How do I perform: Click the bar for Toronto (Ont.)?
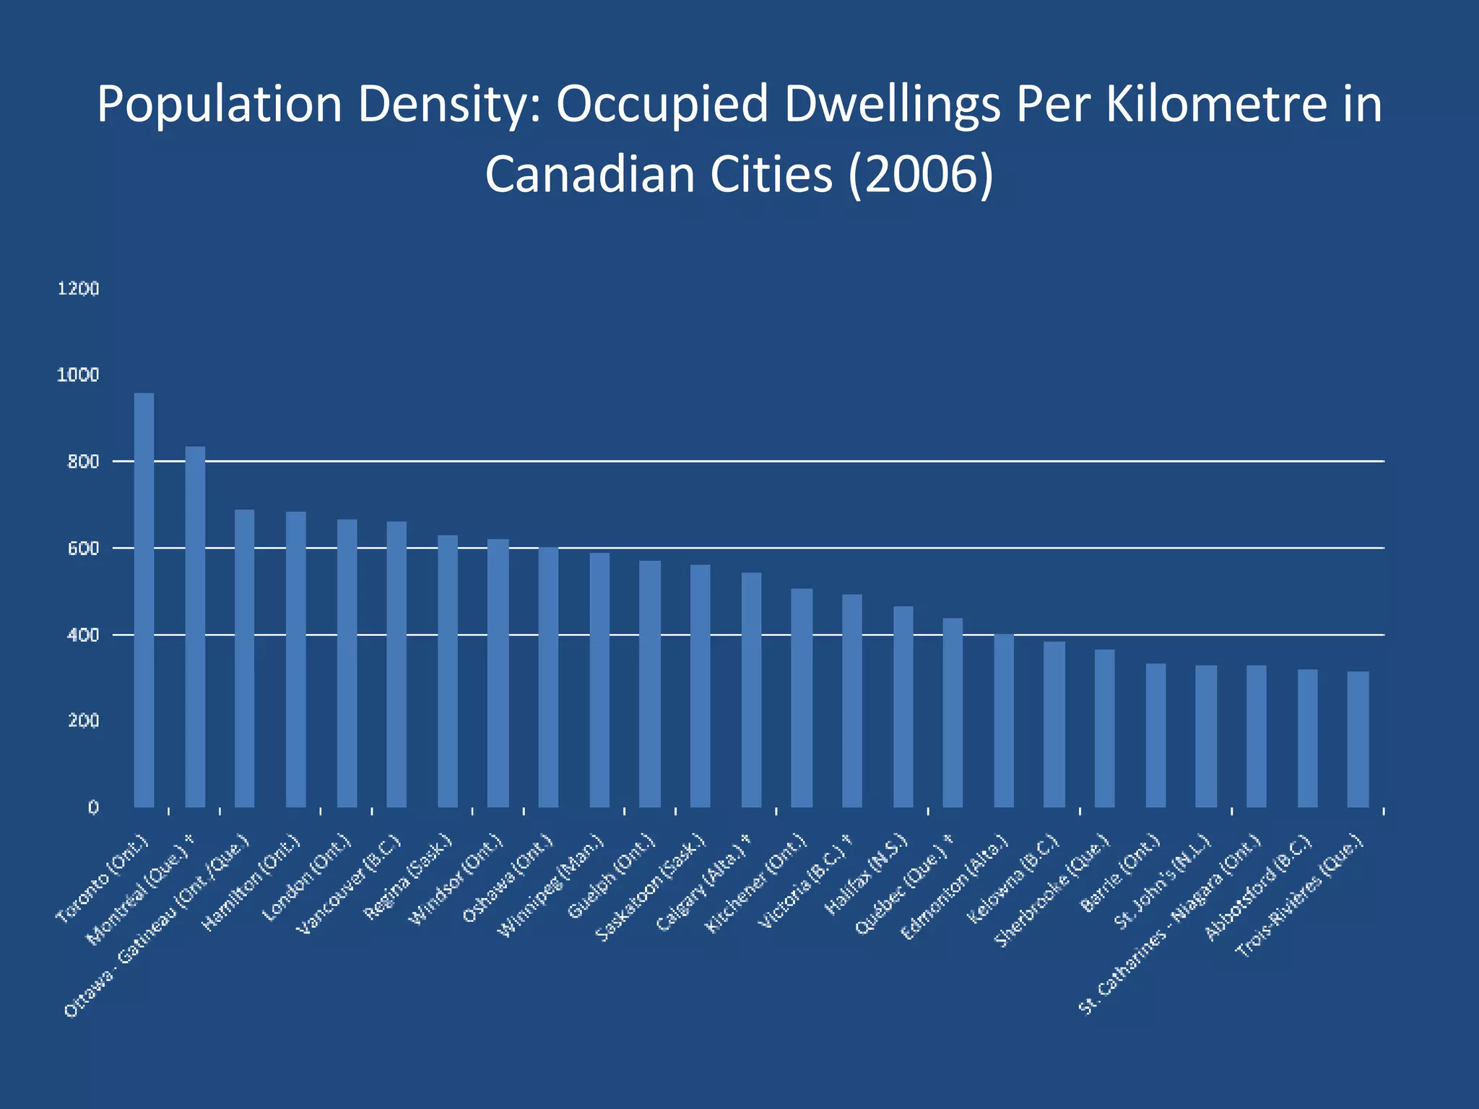[x=144, y=599]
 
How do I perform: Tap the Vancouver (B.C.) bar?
[x=396, y=664]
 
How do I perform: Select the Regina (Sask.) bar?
[x=448, y=671]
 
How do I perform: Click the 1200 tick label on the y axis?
[x=78, y=289]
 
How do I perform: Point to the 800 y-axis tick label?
[x=82, y=461]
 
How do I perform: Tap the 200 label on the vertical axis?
[x=82, y=721]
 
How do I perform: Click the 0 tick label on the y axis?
[x=93, y=807]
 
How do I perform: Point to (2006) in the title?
[x=921, y=175]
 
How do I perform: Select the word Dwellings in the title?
[x=893, y=105]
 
